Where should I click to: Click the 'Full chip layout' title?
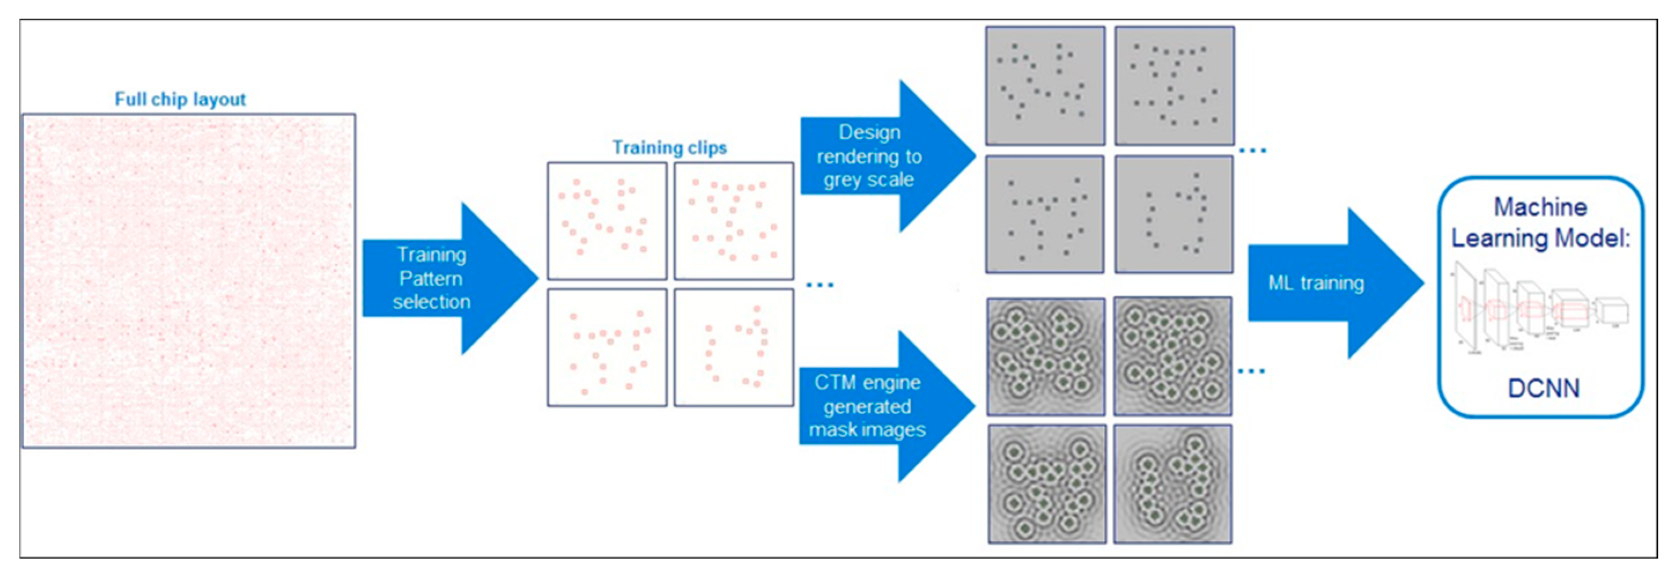coord(180,99)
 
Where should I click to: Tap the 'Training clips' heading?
coord(669,148)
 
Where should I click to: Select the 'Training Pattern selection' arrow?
coord(443,278)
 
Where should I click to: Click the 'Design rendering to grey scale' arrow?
coord(879,156)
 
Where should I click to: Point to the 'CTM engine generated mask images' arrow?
coord(879,406)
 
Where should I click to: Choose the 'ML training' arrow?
coord(1329,283)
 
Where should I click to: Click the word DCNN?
coord(1543,388)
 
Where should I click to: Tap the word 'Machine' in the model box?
coord(1540,207)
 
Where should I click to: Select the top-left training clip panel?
coord(607,221)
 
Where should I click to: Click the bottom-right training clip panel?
coord(733,348)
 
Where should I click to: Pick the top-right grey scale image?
coord(1174,85)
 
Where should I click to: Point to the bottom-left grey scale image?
coord(1045,214)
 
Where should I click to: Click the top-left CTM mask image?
coord(1045,356)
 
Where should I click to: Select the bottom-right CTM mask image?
coord(1173,484)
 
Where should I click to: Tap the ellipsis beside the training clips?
coord(819,284)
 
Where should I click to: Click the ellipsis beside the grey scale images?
coord(1251,150)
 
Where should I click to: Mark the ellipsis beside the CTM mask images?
coord(1251,371)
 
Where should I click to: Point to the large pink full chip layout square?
coord(189,281)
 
